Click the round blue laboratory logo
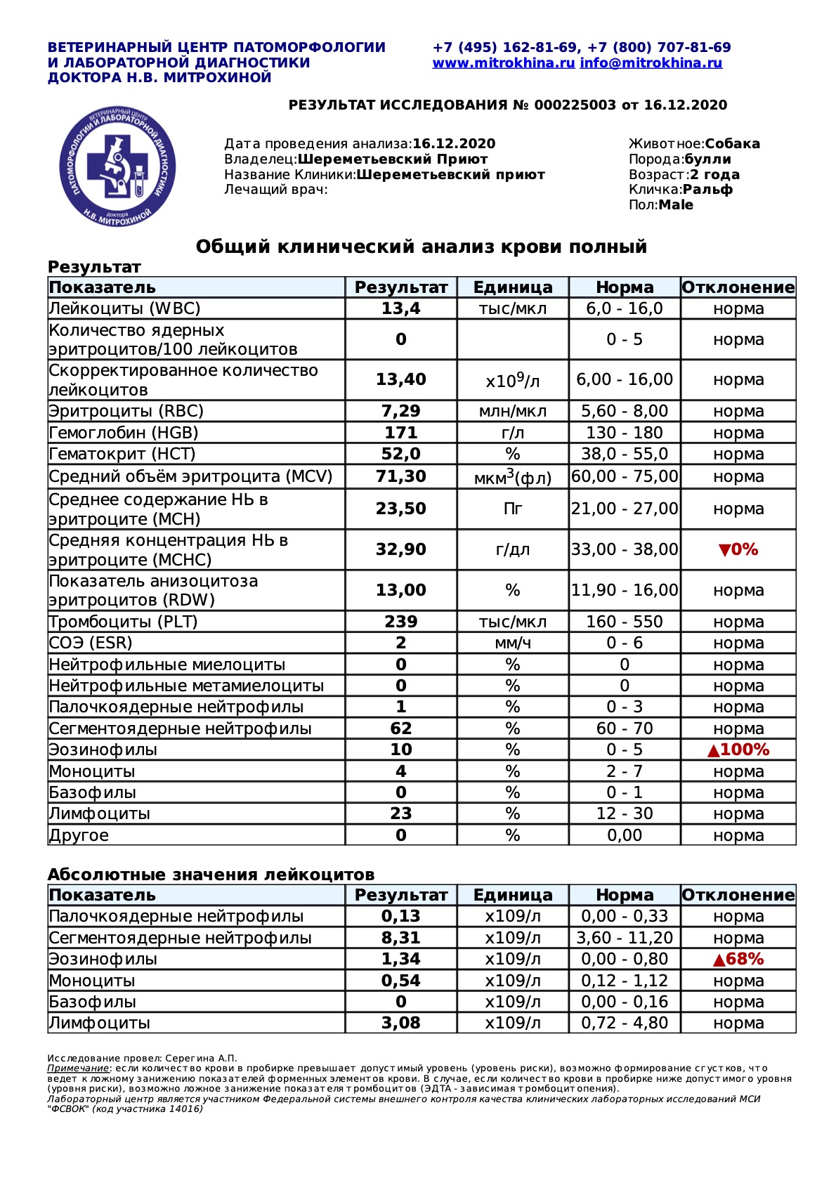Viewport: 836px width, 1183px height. (117, 167)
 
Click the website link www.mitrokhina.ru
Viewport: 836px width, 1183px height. (503, 63)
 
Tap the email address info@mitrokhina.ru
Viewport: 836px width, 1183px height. (651, 63)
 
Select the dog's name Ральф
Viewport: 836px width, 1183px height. (707, 190)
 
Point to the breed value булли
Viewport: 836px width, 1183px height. (707, 159)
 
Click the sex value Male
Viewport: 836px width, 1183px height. (676, 205)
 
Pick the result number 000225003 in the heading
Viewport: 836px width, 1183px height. (575, 105)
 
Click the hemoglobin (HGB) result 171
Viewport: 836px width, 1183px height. (400, 433)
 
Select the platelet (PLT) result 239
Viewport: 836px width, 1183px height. (400, 622)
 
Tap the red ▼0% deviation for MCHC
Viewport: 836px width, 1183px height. (738, 549)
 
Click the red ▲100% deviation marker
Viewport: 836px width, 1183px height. (738, 750)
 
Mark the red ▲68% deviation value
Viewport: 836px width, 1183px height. (738, 959)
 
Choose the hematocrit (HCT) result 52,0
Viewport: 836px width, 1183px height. (400, 454)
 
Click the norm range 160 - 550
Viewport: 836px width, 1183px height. (625, 622)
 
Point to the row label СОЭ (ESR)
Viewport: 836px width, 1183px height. (91, 643)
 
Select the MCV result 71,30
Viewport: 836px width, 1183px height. (400, 476)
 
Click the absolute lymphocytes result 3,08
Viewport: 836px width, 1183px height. (400, 1023)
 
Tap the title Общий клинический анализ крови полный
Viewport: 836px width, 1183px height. (421, 247)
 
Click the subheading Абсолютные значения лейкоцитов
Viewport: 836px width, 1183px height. (211, 875)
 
